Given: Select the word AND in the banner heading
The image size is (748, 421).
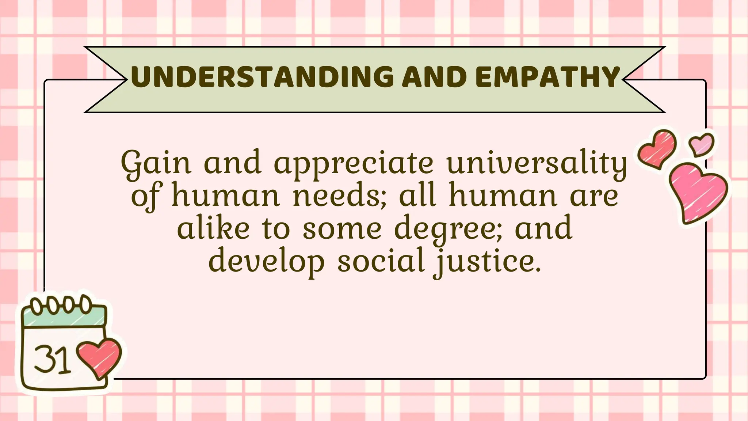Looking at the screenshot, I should pos(434,77).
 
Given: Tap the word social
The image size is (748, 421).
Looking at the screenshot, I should pos(381,261).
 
